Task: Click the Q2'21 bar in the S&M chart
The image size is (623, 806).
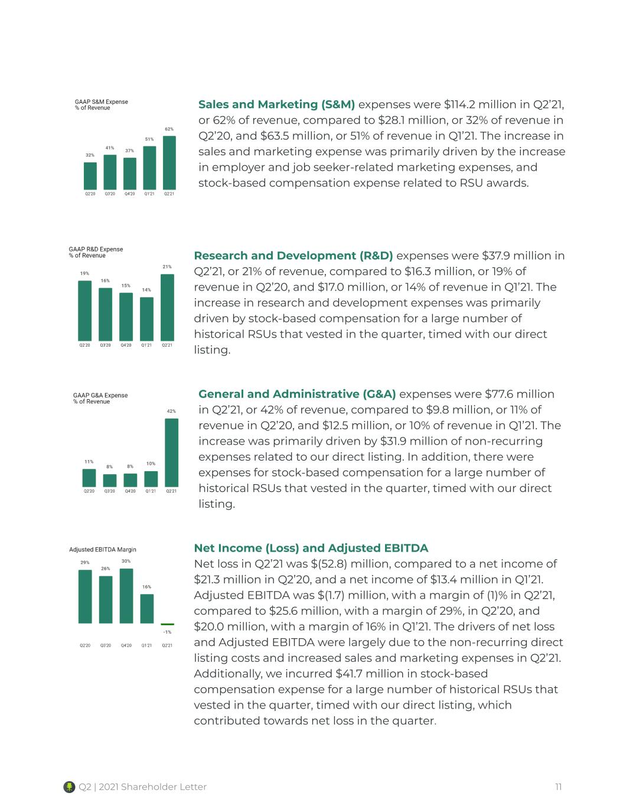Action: click(169, 163)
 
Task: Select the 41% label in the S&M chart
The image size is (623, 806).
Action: click(110, 148)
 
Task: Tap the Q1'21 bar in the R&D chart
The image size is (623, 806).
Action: click(147, 319)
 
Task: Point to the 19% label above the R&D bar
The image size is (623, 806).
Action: click(84, 273)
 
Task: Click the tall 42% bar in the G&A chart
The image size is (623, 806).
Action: click(171, 452)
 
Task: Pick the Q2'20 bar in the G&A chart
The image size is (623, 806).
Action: click(89, 478)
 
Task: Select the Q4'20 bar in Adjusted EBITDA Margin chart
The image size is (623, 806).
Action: click(126, 596)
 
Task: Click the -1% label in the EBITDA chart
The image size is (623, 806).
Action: click(167, 632)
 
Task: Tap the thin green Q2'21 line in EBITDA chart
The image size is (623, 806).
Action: click(167, 624)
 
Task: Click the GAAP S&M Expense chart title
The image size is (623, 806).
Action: click(101, 105)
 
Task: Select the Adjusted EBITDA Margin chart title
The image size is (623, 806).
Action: click(103, 549)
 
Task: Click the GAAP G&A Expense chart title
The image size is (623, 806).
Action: click(100, 399)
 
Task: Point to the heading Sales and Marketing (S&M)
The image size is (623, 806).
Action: click(276, 105)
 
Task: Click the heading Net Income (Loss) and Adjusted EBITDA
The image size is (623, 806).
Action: click(311, 548)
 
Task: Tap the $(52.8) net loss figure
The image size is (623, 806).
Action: click(329, 564)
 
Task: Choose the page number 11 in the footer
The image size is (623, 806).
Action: click(558, 787)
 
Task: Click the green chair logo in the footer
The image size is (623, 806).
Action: click(69, 787)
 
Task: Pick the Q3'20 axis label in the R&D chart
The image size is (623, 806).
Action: click(106, 345)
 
